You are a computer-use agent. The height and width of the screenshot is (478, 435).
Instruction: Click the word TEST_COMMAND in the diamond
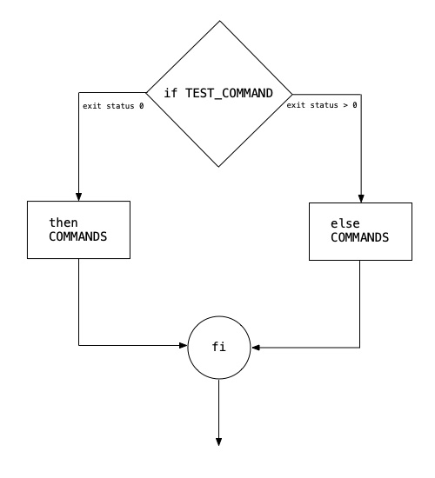pos(229,93)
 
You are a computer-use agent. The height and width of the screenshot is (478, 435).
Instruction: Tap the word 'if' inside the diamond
pos(171,93)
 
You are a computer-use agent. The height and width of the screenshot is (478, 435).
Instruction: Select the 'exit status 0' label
pos(113,106)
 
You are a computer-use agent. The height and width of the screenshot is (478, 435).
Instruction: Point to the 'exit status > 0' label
pos(322,105)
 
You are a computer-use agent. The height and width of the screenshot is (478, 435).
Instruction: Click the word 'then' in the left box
pos(64,222)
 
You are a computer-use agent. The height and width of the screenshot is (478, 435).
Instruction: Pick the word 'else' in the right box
pos(345,223)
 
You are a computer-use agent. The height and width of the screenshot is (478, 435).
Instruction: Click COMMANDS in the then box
pos(77,236)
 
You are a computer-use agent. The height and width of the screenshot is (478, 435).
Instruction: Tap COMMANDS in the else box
pos(359,237)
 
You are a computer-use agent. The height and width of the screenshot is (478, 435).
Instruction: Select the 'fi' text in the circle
pos(219,347)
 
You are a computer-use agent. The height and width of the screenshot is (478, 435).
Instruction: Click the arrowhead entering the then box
pos(79,196)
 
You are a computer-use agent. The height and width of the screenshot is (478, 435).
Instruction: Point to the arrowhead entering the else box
pos(361,198)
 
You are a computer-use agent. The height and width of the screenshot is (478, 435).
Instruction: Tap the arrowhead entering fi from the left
pos(184,345)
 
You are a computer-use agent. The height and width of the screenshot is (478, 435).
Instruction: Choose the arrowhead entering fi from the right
pos(255,348)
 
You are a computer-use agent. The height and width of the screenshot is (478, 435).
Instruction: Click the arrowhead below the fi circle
pos(219,442)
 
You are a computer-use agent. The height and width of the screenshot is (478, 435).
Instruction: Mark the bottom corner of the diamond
pos(219,167)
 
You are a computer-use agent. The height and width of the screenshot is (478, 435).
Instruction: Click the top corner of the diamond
pos(220,21)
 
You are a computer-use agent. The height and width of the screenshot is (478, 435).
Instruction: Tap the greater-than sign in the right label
pos(345,105)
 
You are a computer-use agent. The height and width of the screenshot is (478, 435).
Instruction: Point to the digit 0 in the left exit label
pos(141,106)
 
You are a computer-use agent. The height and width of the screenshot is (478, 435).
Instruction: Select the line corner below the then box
pos(79,345)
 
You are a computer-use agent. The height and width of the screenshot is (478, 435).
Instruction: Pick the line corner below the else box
pos(359,348)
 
